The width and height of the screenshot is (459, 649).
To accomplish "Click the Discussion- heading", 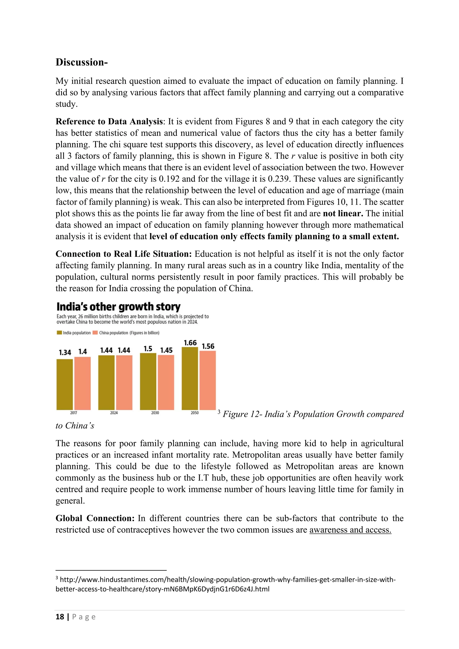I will (x=81, y=62).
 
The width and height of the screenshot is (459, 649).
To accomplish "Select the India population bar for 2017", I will (x=65, y=385).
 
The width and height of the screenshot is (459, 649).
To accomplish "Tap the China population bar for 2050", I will (x=208, y=380).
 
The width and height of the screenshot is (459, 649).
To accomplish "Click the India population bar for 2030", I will (x=148, y=381).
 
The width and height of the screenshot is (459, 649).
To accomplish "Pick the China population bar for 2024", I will (x=124, y=383).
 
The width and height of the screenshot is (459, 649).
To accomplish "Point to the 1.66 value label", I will (x=190, y=343).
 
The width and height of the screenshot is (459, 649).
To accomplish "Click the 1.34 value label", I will (x=65, y=352).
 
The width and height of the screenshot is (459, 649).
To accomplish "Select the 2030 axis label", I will (x=155, y=413).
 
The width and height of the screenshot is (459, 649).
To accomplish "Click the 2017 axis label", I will (x=74, y=413).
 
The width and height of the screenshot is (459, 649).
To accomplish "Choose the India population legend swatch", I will (x=59, y=333).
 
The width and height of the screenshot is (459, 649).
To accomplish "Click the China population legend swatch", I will (x=95, y=333).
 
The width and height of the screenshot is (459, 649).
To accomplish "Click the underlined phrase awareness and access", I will (x=350, y=530).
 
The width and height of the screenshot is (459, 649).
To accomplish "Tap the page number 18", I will (x=60, y=617).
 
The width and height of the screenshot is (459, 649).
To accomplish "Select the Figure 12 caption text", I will (x=313, y=414).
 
